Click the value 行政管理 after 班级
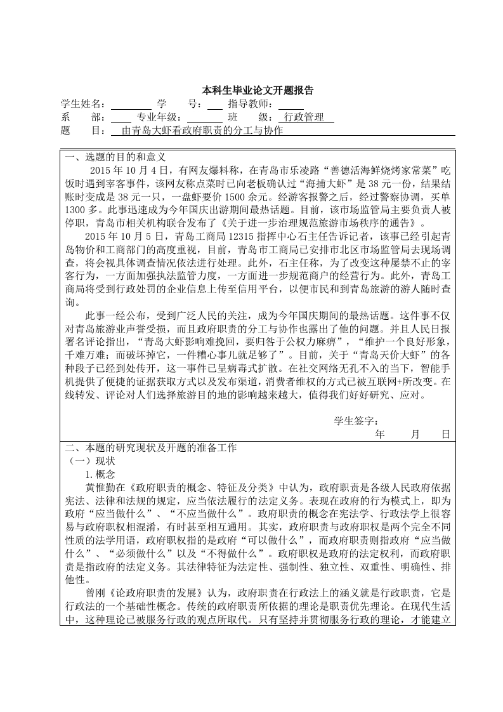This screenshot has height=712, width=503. pos(304,117)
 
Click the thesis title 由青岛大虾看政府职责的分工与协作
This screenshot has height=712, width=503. pos(197,131)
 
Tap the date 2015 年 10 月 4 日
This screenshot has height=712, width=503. pos(129,170)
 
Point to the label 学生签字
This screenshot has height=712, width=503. pos(356,421)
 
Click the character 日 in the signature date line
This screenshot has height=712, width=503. pos(445,434)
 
